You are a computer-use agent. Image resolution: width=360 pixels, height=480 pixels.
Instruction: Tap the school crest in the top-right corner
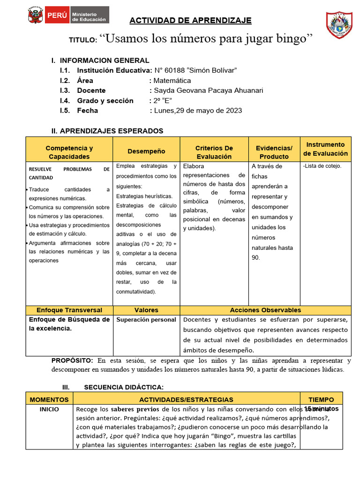(x=339, y=25)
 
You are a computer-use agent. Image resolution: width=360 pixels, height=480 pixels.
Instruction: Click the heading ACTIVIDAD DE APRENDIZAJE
(x=190, y=20)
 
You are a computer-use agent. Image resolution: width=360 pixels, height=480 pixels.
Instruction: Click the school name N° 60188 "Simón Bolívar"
(x=195, y=70)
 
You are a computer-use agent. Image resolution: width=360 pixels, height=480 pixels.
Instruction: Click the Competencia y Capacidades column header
(x=69, y=152)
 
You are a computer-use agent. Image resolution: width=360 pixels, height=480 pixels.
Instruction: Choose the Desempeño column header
(x=146, y=151)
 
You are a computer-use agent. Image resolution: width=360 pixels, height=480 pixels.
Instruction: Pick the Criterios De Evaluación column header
(x=214, y=152)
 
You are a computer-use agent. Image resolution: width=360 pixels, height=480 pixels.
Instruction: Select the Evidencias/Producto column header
(x=274, y=152)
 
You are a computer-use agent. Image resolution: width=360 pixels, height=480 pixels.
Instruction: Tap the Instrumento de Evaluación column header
(x=325, y=149)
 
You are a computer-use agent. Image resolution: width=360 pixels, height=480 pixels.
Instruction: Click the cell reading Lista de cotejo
(x=322, y=166)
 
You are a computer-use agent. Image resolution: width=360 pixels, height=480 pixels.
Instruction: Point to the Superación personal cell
(x=146, y=320)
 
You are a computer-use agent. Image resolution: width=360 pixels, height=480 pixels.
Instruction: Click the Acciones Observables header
(x=265, y=310)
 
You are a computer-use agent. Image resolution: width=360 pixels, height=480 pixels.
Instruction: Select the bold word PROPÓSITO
(x=72, y=360)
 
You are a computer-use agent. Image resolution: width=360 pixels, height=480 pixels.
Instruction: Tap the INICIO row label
(x=49, y=409)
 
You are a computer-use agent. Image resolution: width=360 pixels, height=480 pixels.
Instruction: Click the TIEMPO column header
(x=321, y=399)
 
